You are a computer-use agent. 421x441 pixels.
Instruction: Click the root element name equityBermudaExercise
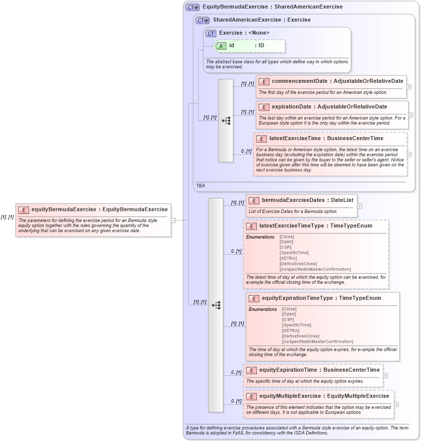(64, 209)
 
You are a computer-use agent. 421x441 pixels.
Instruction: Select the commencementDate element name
(300, 81)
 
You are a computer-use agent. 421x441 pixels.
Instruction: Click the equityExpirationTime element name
(288, 370)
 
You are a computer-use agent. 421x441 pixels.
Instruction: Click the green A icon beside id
(221, 46)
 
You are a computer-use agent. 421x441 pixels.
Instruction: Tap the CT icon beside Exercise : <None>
(211, 33)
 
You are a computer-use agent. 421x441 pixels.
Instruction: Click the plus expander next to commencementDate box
(409, 87)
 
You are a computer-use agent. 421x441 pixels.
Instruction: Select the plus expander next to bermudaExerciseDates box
(360, 206)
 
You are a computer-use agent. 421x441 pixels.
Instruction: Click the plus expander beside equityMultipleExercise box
(396, 404)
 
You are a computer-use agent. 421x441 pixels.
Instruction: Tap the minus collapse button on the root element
(173, 220)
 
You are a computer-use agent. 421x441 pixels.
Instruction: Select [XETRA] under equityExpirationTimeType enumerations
(291, 330)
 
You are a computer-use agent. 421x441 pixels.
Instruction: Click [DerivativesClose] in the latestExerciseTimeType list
(298, 264)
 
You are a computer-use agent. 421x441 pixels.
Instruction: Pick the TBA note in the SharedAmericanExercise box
(201, 185)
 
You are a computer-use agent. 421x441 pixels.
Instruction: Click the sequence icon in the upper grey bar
(226, 121)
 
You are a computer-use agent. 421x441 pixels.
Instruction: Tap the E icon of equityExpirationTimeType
(253, 298)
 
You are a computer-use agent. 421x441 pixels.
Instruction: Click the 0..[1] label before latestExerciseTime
(246, 151)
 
